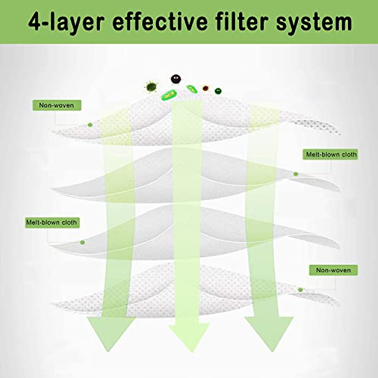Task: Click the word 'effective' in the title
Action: [159, 22]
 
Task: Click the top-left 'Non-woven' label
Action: [57, 105]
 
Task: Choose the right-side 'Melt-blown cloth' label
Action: [331, 154]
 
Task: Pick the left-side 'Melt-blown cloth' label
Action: [52, 222]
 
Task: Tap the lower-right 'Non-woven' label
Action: [333, 270]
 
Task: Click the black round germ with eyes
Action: [175, 79]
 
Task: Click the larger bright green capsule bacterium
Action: [169, 94]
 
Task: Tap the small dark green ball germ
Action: [218, 91]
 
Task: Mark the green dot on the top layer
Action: [90, 125]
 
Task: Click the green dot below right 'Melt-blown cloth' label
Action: [295, 174]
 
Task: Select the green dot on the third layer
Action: [83, 242]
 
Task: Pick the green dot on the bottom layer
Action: [300, 290]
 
